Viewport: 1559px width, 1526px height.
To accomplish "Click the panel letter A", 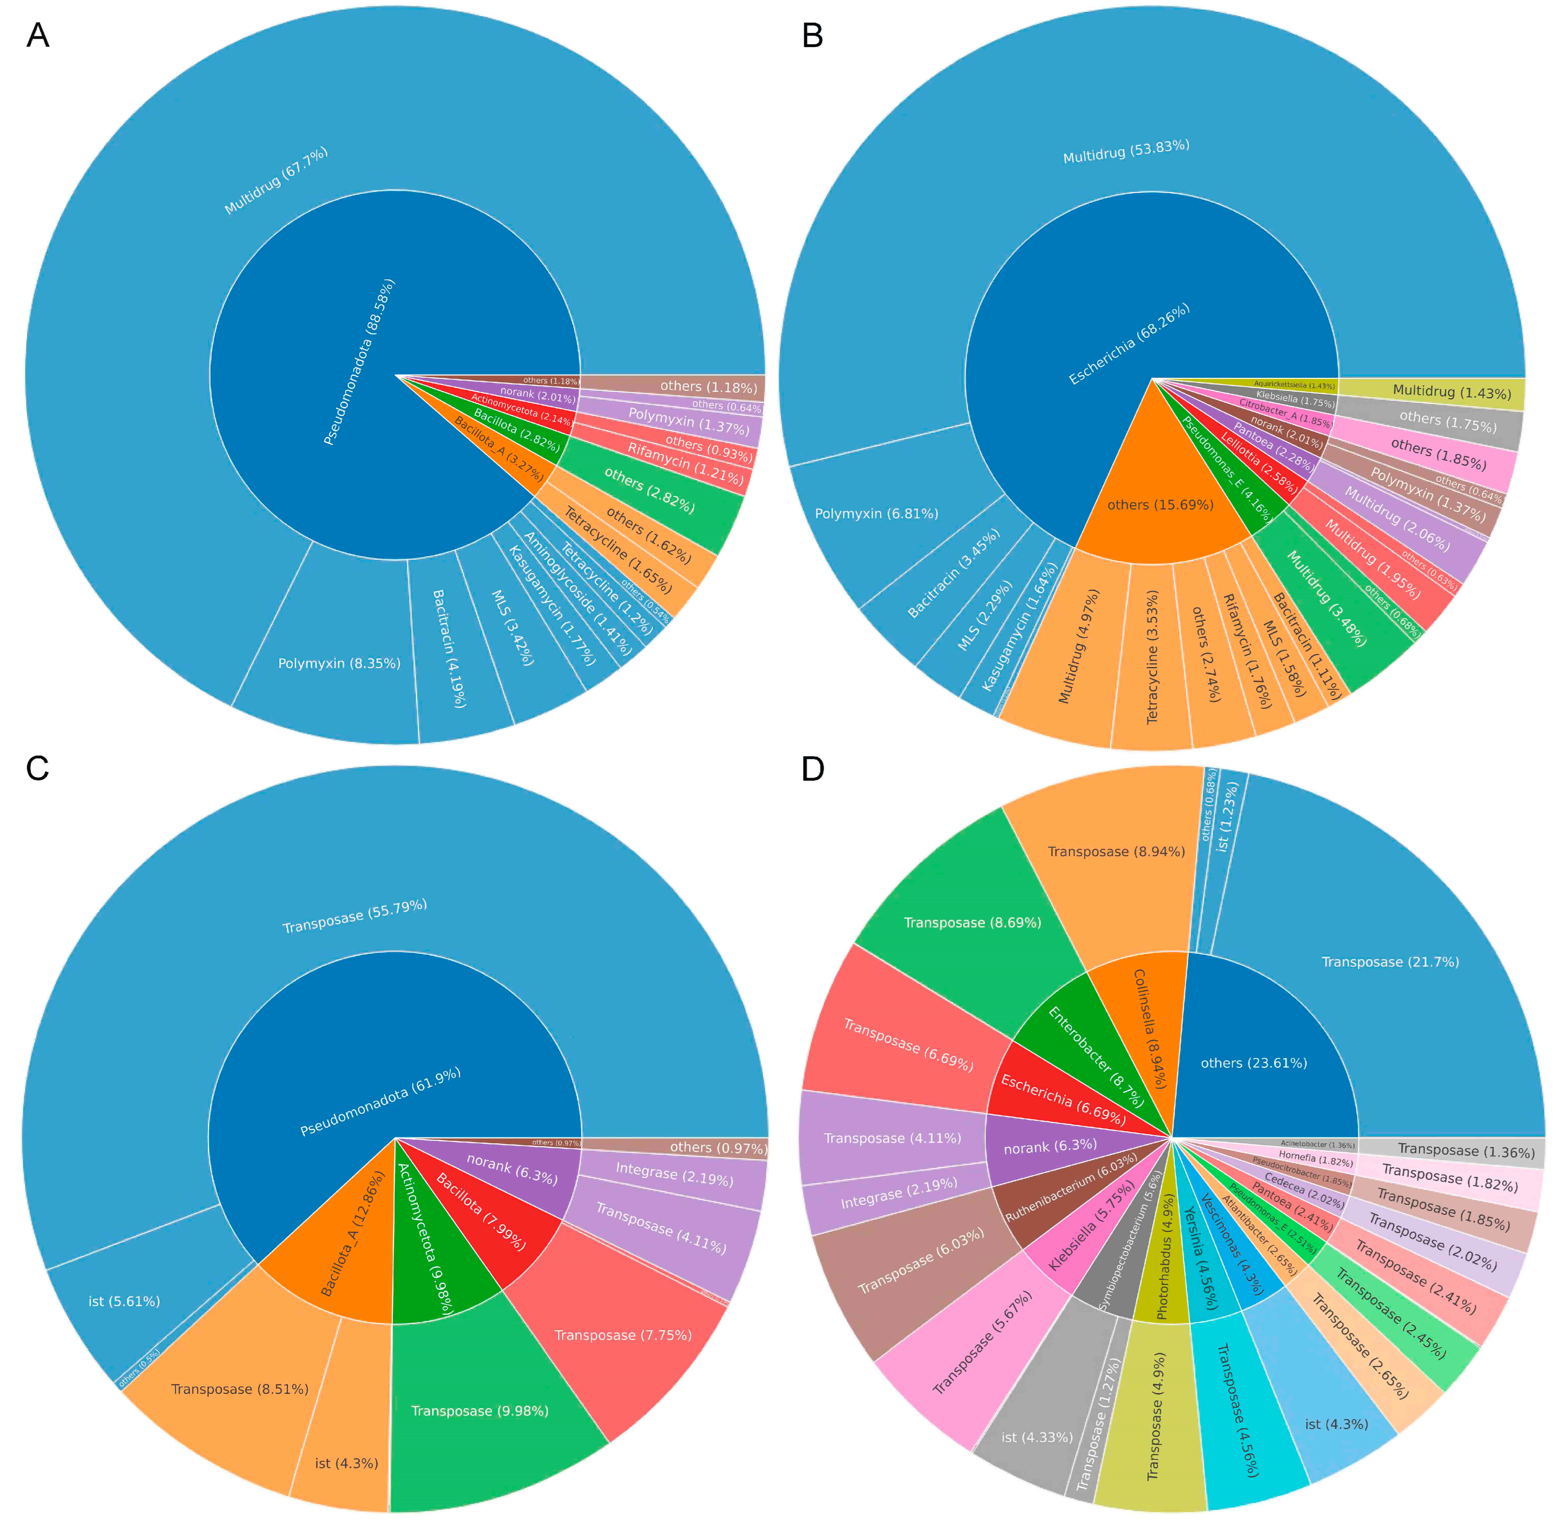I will (x=37, y=36).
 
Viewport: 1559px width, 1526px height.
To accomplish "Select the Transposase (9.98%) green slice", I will (x=479, y=1411).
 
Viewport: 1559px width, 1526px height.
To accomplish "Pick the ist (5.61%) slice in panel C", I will (x=124, y=1301).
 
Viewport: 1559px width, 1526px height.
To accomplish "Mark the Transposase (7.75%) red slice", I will (x=623, y=1334).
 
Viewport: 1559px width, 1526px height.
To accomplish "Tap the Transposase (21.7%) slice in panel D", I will (x=1390, y=962).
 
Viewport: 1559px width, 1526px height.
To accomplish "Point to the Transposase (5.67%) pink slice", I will (x=982, y=1342).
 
